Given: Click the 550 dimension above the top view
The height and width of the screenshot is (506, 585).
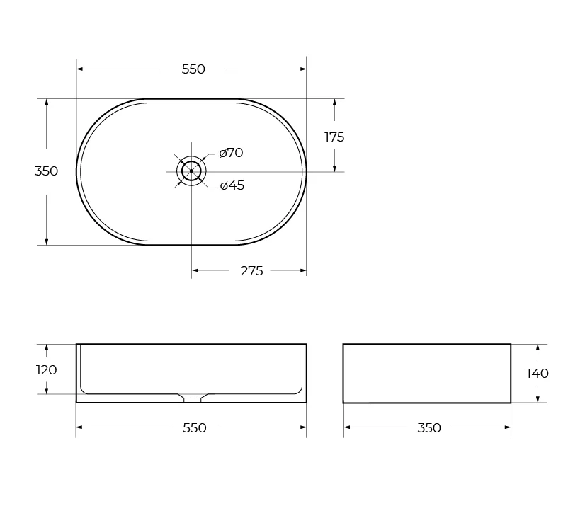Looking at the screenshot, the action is [x=193, y=69].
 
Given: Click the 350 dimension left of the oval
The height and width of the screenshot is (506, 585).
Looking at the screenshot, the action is [x=46, y=171].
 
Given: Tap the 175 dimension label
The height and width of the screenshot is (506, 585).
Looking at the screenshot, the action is [x=334, y=137].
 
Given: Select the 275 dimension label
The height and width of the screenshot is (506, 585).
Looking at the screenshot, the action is [x=252, y=271].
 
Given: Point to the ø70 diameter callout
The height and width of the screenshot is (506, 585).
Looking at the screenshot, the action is [x=232, y=153].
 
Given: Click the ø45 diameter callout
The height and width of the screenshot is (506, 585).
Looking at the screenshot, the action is [x=232, y=185].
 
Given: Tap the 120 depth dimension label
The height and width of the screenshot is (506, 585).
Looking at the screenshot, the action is [x=46, y=370].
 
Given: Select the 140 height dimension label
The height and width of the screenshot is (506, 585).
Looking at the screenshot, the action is [x=538, y=373].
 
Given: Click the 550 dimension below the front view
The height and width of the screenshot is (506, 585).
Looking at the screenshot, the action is [x=194, y=427].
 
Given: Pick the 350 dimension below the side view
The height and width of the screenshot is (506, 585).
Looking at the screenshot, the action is [x=429, y=427].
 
